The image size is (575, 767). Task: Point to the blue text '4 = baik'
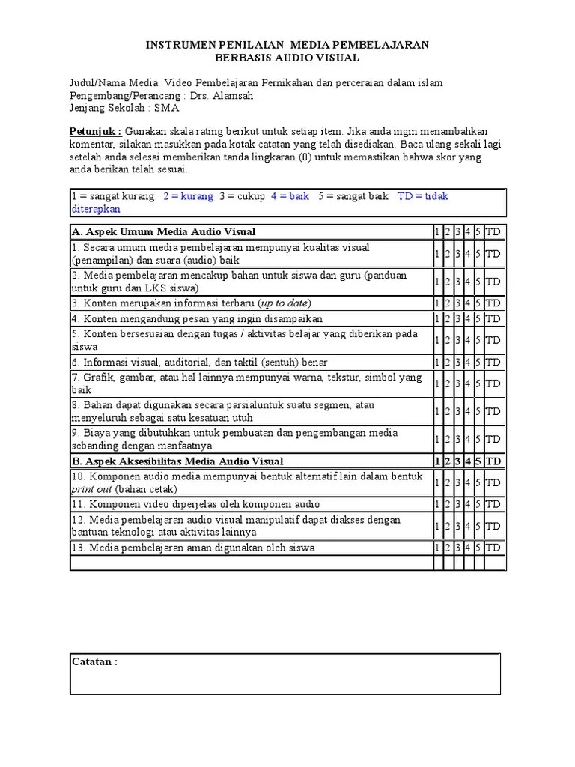click(290, 196)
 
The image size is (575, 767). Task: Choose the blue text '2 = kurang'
click(187, 196)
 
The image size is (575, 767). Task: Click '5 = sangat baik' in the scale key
click(353, 196)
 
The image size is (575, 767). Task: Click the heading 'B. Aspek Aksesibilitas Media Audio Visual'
click(177, 461)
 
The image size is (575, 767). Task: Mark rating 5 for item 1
click(478, 254)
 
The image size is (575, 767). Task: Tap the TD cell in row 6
click(493, 362)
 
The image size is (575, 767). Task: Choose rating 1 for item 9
click(437, 440)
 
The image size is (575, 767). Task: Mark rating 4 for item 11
click(467, 504)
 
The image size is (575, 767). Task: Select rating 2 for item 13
click(447, 548)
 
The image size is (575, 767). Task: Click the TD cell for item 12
click(493, 526)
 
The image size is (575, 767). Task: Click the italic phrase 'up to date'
click(284, 303)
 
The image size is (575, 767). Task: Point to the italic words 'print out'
click(91, 489)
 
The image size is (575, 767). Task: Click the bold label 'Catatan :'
click(94, 662)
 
